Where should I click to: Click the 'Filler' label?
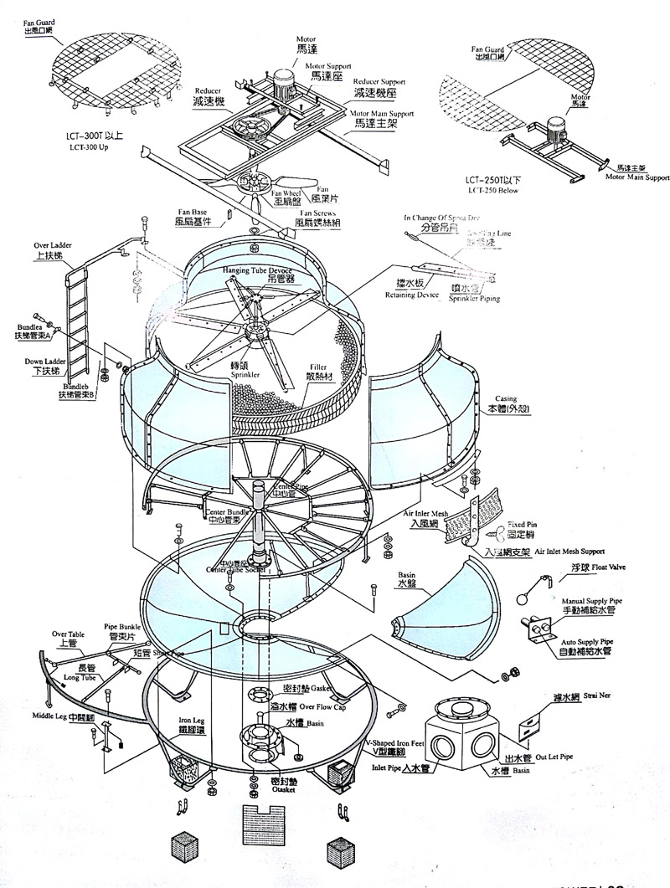point(317,367)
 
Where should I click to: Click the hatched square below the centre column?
point(260,824)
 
